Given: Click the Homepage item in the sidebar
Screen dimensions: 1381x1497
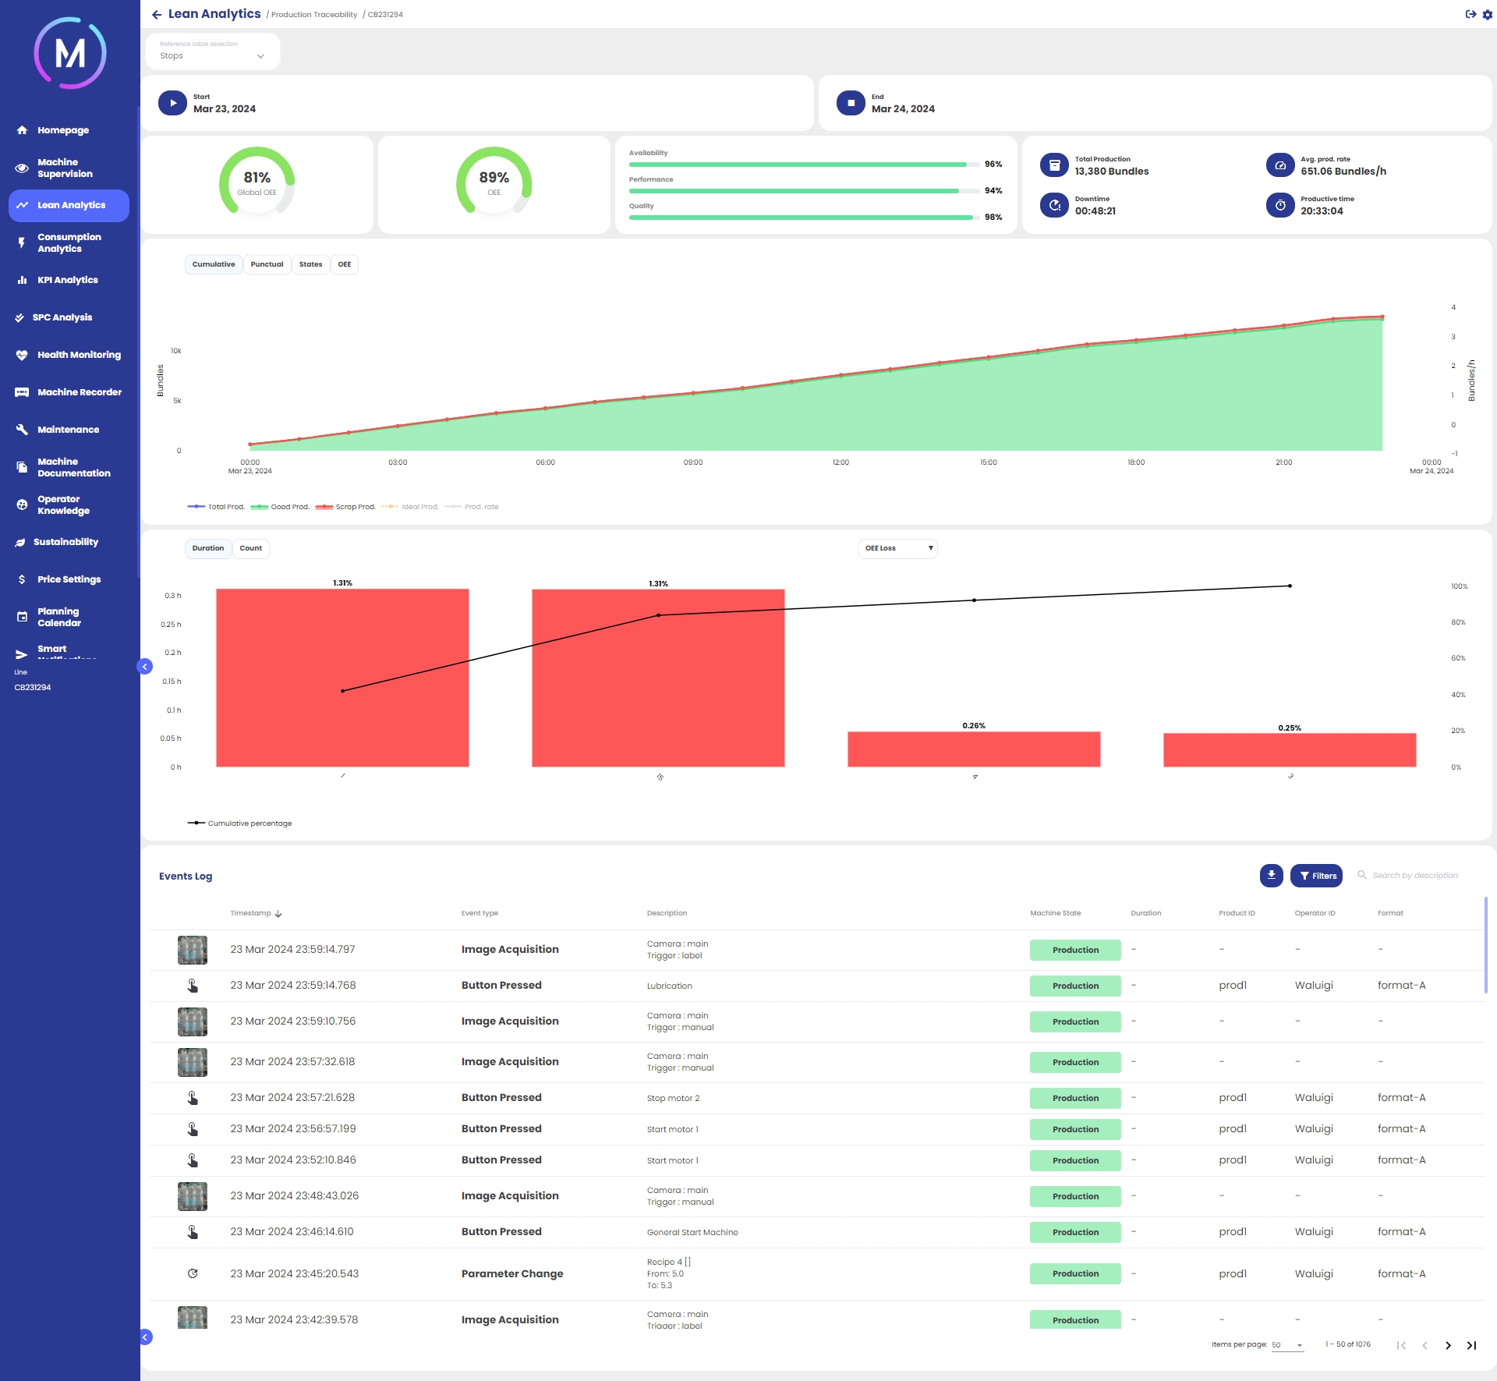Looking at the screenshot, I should coord(62,130).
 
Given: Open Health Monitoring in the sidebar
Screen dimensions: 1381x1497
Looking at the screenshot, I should coord(79,355).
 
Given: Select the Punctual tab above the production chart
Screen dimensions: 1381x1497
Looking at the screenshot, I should coord(267,264).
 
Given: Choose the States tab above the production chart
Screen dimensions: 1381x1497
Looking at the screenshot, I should coord(310,264).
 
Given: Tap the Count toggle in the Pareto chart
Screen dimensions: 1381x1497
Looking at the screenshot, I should coord(250,548).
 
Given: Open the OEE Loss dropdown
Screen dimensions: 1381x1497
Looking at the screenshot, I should coord(897,548).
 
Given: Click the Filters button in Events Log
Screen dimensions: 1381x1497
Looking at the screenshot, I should coord(1316,876).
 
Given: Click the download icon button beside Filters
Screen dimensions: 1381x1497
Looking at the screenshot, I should coord(1271,876).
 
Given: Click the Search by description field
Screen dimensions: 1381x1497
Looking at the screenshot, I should coord(1414,876).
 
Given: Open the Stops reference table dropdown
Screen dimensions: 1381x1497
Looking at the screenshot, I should coord(212,55).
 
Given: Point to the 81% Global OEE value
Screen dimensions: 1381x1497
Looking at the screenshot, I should coord(257,179).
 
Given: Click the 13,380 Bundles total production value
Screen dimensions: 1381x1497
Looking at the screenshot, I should coord(1111,172).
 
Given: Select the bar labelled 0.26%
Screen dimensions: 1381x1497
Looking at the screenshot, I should coord(974,749).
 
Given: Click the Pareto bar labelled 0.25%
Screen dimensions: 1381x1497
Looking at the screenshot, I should coord(1290,749).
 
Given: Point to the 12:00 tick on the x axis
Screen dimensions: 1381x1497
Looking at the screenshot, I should coord(841,462).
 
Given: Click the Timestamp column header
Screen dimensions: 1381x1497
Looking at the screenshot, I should coord(251,913).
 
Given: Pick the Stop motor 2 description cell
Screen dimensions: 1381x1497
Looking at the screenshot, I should coord(673,1098).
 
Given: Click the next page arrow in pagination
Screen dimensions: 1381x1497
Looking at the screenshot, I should coord(1448,1345).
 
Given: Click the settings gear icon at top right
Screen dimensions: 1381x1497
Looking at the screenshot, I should coord(1487,15).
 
